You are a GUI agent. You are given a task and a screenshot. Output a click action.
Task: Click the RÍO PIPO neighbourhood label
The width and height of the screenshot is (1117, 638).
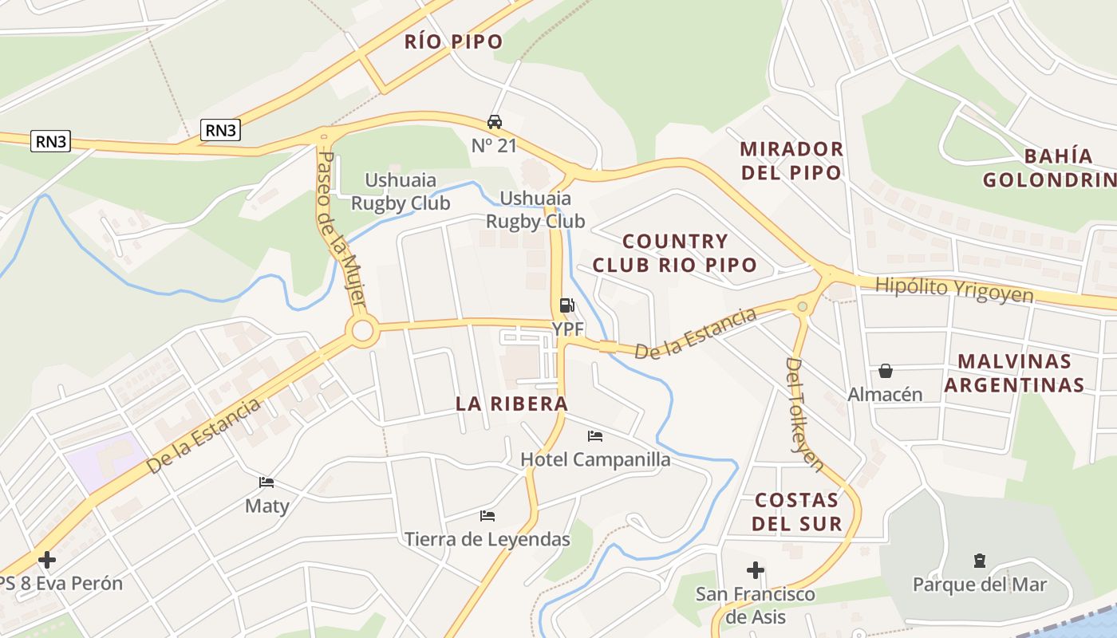pos(453,41)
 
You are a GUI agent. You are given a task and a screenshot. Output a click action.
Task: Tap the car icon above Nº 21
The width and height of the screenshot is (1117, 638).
pos(495,122)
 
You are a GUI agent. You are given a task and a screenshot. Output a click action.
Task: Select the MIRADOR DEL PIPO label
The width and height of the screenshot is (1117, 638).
pos(791,160)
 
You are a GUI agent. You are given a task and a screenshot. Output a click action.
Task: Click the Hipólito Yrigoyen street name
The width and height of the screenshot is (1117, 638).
pos(953,289)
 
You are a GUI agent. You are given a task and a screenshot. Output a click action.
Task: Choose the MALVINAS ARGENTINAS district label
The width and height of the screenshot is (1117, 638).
pos(1014,373)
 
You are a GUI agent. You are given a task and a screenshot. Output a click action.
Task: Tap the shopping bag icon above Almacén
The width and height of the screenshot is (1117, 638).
pos(886,371)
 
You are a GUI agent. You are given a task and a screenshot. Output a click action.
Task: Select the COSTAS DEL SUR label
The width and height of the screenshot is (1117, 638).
pos(798,512)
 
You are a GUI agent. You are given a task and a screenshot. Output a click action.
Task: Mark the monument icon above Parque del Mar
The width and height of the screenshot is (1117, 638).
pos(980,561)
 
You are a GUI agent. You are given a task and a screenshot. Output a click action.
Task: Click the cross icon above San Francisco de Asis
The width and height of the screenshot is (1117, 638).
pos(755,570)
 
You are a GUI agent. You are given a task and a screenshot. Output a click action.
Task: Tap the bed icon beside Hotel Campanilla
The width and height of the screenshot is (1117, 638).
pos(595,436)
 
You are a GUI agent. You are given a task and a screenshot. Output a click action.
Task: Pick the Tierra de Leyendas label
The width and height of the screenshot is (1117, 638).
pos(487,540)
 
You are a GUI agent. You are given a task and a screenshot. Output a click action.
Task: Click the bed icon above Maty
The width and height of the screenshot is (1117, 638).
pos(266,482)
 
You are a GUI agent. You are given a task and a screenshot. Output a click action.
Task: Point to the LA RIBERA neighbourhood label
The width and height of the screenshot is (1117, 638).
pos(511,404)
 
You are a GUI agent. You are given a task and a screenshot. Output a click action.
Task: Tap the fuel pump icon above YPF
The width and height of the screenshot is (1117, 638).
pos(566,305)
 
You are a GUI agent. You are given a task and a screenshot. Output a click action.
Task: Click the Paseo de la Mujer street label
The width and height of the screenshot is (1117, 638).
pos(341,227)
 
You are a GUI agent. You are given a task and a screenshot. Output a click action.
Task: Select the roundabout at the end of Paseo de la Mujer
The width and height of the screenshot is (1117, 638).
pos(363,331)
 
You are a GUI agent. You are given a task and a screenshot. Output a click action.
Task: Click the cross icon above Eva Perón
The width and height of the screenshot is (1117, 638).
pos(47,559)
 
